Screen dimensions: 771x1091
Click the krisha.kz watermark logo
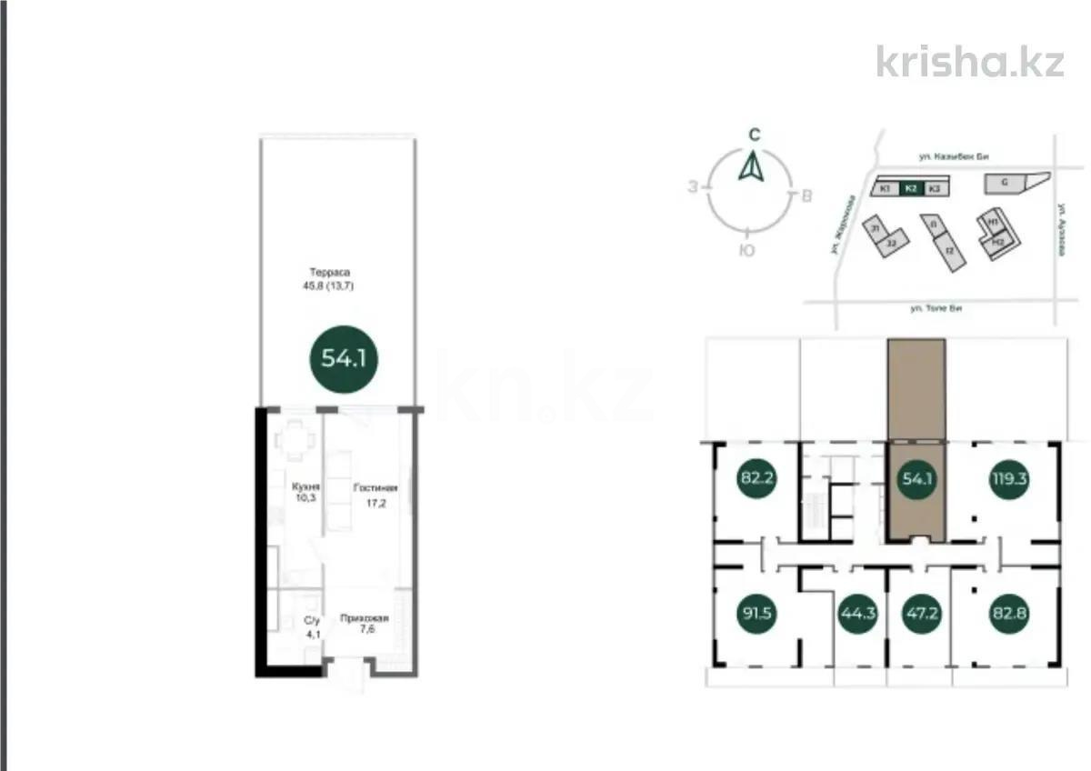pyautogui.click(x=969, y=60)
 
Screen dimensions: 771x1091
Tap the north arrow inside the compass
pyautogui.click(x=751, y=167)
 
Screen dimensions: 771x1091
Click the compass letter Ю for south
pyautogui.click(x=746, y=251)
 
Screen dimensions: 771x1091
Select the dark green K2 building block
pyautogui.click(x=911, y=188)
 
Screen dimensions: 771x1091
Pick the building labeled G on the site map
pyautogui.click(x=1005, y=183)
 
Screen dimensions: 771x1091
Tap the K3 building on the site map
pyautogui.click(x=935, y=188)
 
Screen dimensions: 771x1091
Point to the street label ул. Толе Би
pyautogui.click(x=936, y=308)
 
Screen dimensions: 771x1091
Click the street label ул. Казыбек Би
pyautogui.click(x=952, y=157)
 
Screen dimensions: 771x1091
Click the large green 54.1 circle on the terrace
pyautogui.click(x=344, y=358)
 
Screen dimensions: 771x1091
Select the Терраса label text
pyautogui.click(x=329, y=272)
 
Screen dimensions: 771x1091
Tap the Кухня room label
pyautogui.click(x=306, y=487)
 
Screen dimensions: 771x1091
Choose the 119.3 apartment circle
pyautogui.click(x=1008, y=479)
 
